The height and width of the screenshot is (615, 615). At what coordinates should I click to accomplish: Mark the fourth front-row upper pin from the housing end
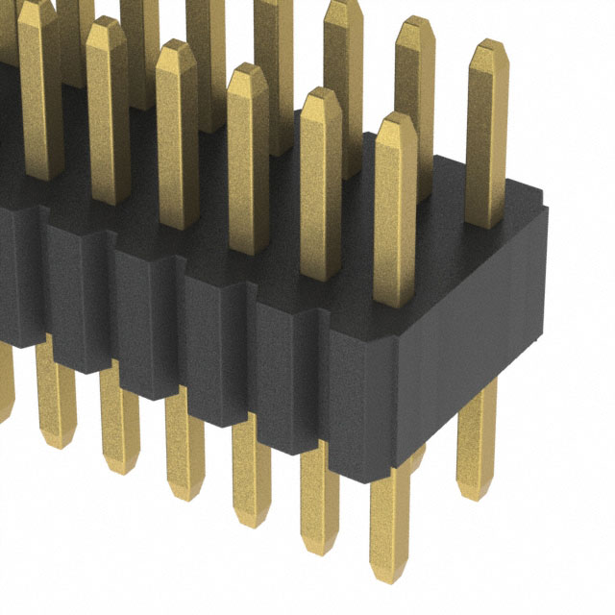(x=176, y=135)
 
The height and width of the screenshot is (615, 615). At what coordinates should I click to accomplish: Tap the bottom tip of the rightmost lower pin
(x=477, y=493)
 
